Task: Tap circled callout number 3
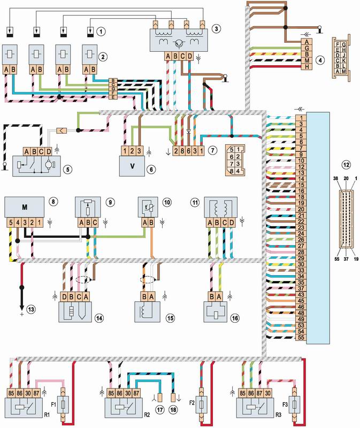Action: point(216,27)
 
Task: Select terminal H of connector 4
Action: point(307,67)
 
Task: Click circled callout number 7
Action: point(214,151)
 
